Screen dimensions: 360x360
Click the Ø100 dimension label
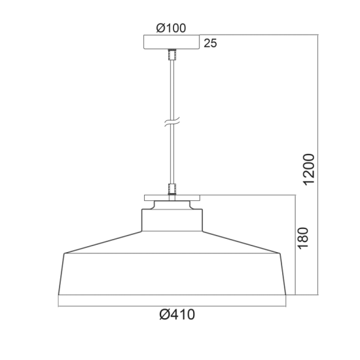point(171,27)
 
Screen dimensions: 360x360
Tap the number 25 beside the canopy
point(210,44)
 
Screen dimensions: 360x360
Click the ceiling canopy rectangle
point(171,43)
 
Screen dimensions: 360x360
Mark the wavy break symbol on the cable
point(171,123)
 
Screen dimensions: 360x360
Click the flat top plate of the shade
point(171,199)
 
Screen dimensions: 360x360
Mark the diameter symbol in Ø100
point(160,27)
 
